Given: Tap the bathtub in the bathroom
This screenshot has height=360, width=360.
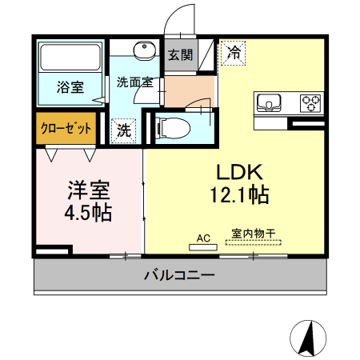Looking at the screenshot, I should coord(69,57).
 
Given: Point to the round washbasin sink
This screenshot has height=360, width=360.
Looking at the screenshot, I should coord(145,50).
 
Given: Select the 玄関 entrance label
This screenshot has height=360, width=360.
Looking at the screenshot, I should coord(180,55).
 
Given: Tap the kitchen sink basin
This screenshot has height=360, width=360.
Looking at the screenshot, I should coord(269,102).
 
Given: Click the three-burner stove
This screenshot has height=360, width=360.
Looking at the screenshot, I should coord(310,102).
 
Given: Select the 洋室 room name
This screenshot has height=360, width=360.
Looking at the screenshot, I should coord(88,190).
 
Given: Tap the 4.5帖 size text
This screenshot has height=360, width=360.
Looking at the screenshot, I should coord(88,213).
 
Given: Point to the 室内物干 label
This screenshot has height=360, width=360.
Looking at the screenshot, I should coord(254,234).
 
